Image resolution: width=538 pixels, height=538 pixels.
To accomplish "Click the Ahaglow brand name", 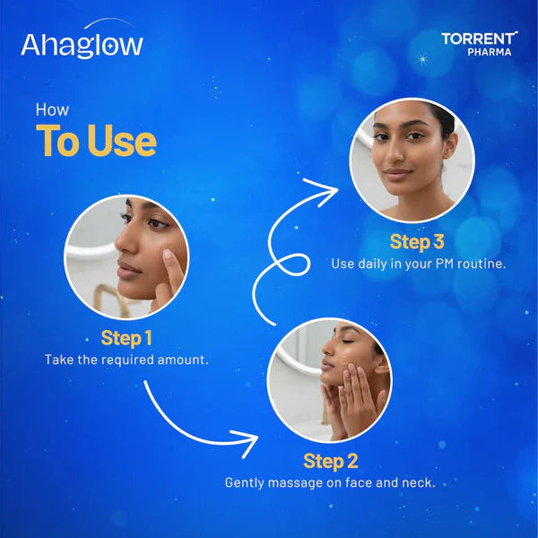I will [x=82, y=44].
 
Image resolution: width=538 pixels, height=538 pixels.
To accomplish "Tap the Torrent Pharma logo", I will [x=479, y=43].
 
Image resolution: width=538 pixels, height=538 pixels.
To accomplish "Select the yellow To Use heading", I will [x=96, y=141].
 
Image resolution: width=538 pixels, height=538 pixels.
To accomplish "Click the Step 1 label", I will [x=126, y=339].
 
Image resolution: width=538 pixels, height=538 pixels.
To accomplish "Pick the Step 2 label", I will [x=331, y=461].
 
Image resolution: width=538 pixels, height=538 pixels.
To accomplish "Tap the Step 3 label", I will [x=417, y=242].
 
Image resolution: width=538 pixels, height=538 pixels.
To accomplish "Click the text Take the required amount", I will [x=126, y=360].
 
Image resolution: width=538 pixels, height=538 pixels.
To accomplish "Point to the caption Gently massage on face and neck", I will [x=330, y=482].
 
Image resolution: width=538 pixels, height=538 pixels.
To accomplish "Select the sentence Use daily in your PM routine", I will [x=418, y=264].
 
